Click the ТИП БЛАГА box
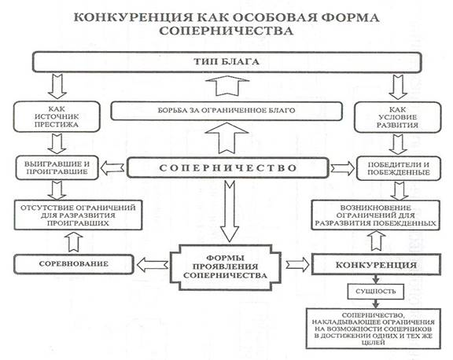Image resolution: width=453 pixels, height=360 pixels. coord(227,62)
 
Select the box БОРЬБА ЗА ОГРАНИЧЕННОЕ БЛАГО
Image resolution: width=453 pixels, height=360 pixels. coord(226,111)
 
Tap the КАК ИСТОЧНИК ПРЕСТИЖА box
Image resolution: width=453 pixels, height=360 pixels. coord(57,116)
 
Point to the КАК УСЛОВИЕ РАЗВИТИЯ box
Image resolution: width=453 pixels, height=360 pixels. coord(397,117)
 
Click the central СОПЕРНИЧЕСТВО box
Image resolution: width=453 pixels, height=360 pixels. coord(228,167)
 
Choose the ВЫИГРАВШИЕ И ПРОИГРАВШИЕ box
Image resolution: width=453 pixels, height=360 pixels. coord(57,168)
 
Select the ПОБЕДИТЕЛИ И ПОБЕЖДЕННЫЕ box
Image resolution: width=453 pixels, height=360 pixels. coord(399,168)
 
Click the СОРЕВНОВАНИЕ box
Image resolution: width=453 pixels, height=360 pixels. coord(74,264)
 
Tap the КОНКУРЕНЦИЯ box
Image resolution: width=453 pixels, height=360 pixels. coord(376,264)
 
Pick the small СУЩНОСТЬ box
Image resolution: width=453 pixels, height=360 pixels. coord(376,292)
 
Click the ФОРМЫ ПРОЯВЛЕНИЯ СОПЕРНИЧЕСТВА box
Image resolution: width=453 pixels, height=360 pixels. coord(226,267)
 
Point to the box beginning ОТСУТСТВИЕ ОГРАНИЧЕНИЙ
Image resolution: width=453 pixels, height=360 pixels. coord(78,215)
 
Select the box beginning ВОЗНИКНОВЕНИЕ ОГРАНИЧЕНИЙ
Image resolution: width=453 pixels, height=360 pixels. coord(376,215)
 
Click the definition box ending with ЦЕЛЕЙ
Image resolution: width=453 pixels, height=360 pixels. coord(374,329)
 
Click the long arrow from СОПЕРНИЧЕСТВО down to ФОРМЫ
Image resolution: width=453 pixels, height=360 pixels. coord(230,211)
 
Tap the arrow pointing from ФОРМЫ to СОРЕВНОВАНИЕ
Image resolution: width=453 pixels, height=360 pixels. coord(153,265)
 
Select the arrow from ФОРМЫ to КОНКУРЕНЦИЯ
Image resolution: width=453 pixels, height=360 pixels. coord(297,265)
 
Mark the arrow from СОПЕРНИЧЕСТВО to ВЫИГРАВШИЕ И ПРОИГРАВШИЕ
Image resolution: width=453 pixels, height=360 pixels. coord(112,168)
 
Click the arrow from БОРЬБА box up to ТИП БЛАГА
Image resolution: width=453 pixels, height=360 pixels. coord(227,86)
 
